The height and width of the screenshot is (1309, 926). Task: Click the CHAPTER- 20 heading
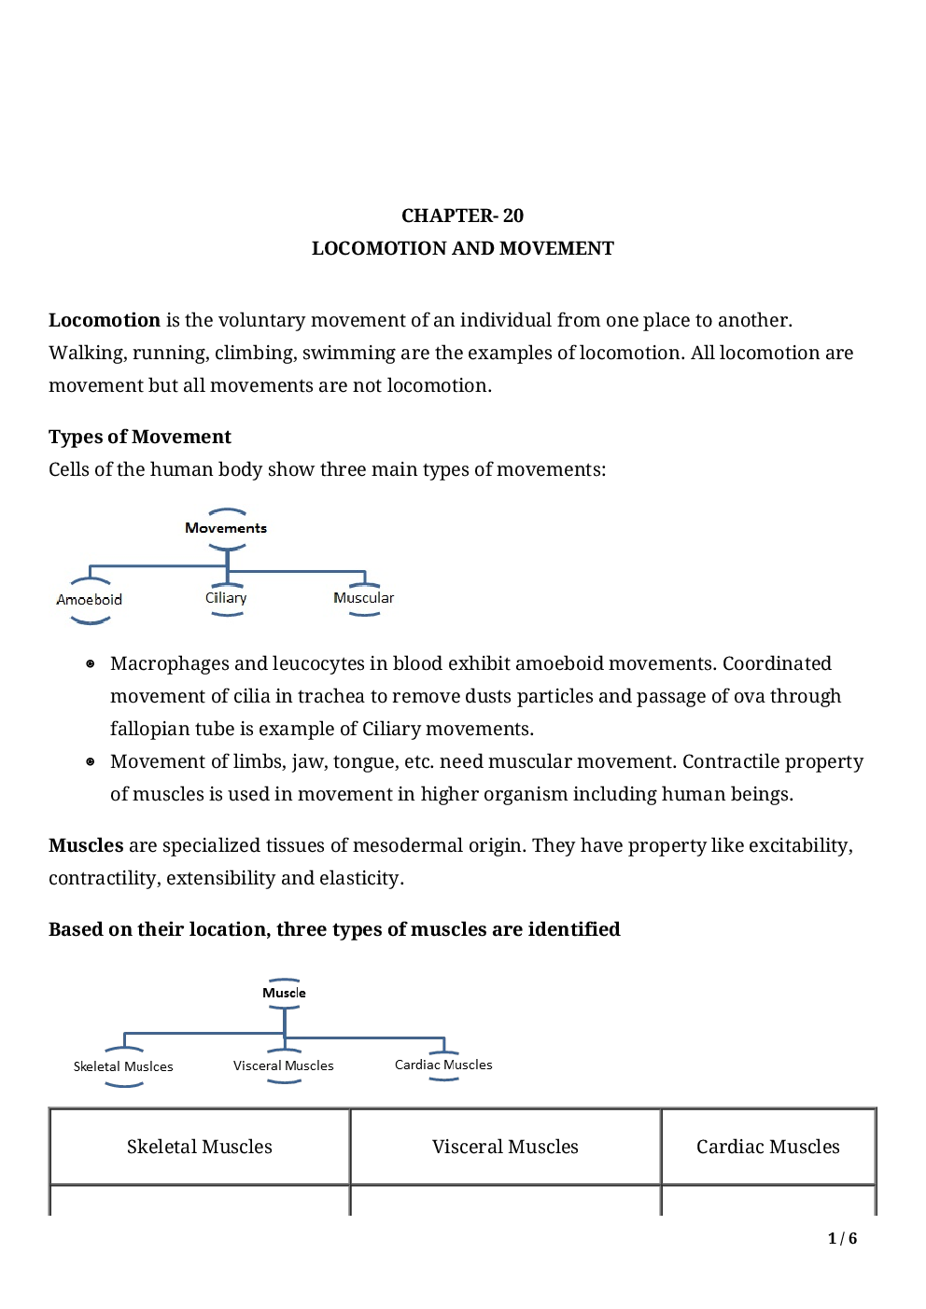(x=462, y=216)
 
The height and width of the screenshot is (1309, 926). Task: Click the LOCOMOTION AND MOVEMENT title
(x=462, y=248)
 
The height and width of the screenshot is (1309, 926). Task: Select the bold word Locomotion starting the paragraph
(x=105, y=320)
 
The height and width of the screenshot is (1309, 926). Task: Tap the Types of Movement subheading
(x=140, y=437)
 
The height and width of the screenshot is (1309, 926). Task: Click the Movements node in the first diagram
(x=226, y=528)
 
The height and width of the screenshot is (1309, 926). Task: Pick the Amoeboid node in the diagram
(x=90, y=599)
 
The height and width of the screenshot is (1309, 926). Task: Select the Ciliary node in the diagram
(x=226, y=598)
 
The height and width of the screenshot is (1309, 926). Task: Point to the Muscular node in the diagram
(x=363, y=598)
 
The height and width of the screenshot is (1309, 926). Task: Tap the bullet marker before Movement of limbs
(x=91, y=761)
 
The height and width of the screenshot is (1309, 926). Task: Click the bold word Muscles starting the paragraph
(x=86, y=845)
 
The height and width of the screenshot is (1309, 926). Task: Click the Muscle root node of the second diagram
(x=284, y=993)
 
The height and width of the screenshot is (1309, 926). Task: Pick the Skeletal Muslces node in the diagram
(x=123, y=1066)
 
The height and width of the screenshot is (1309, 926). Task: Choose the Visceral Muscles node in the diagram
(x=283, y=1065)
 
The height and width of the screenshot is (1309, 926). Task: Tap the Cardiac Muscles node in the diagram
(x=443, y=1065)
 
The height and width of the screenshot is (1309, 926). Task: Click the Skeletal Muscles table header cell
(x=200, y=1147)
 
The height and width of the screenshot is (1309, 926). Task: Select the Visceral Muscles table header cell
(x=505, y=1147)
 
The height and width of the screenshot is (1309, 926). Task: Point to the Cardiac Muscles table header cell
(x=767, y=1147)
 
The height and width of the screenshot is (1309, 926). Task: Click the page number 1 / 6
(x=842, y=1238)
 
